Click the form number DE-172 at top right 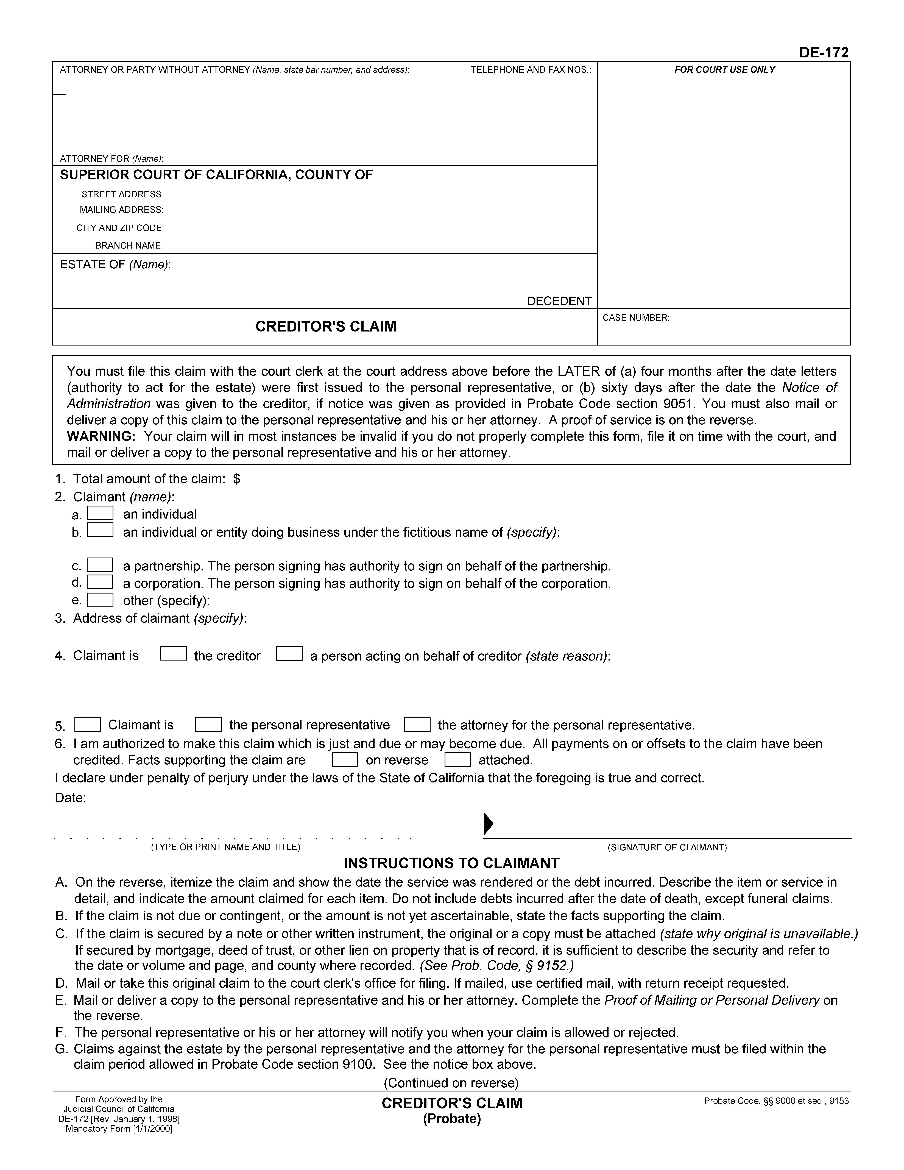click(824, 52)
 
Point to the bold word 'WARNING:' click(101, 437)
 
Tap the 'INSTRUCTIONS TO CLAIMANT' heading click(451, 863)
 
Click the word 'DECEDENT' click(559, 301)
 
